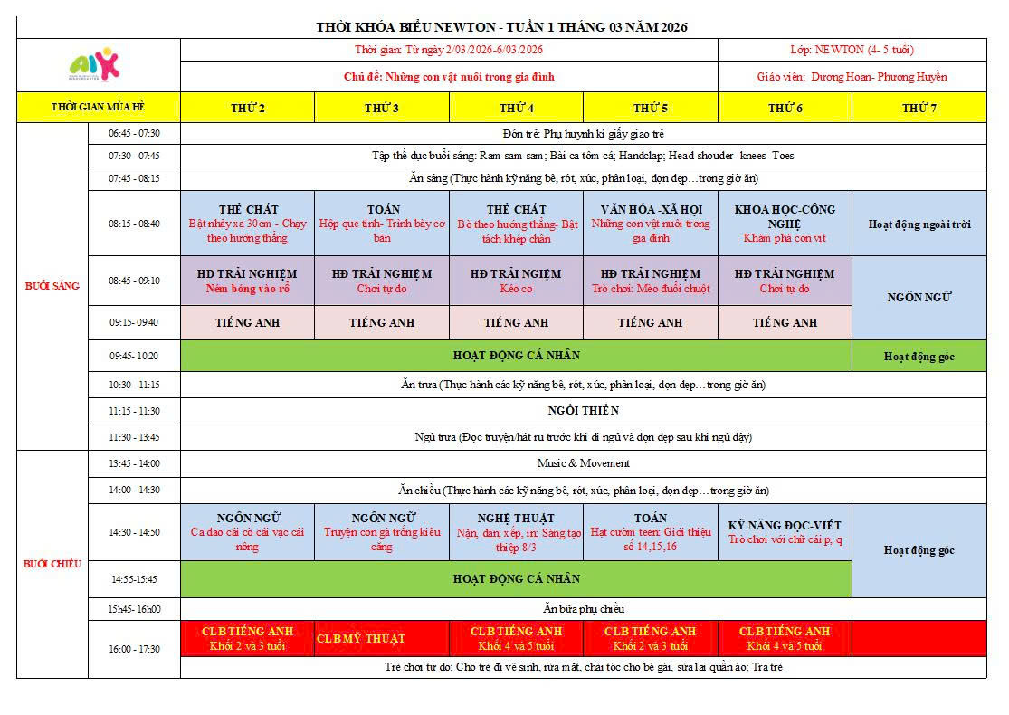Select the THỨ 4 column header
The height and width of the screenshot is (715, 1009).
click(x=517, y=108)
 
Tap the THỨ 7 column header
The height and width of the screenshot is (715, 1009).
click(x=919, y=108)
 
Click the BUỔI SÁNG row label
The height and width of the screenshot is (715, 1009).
click(x=52, y=286)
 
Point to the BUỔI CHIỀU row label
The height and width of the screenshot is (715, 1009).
click(x=52, y=563)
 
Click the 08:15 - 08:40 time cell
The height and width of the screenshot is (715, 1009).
click(x=134, y=224)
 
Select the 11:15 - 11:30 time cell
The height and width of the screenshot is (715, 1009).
click(x=134, y=411)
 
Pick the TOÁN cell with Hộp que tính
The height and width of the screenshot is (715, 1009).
click(x=382, y=223)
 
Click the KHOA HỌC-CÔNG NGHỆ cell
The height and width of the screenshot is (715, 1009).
click(x=785, y=223)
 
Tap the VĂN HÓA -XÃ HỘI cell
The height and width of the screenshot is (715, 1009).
click(x=651, y=223)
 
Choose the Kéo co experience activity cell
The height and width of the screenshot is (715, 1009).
click(x=517, y=281)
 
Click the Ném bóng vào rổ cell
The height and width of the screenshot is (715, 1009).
click(x=247, y=281)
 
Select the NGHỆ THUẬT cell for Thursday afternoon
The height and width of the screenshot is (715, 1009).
click(x=517, y=532)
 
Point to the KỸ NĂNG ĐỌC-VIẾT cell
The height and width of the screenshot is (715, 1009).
click(x=785, y=532)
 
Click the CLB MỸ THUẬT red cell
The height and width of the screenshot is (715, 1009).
click(x=360, y=638)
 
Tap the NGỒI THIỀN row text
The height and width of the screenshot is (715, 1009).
click(x=583, y=411)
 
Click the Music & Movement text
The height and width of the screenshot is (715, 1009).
click(x=583, y=463)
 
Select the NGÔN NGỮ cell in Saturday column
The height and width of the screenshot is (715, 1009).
click(x=919, y=297)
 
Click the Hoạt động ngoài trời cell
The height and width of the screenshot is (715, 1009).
click(x=919, y=224)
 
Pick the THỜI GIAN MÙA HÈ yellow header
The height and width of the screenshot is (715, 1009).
click(x=99, y=108)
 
